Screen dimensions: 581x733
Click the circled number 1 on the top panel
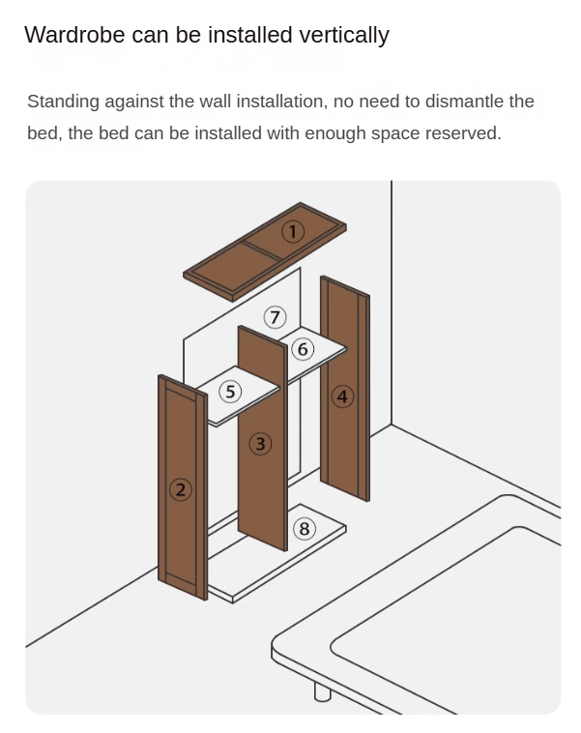293,231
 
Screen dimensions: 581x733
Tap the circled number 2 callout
181,490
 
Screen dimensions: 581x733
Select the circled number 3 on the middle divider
260,444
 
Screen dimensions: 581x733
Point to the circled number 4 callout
342,396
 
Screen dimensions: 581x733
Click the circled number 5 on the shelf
230,392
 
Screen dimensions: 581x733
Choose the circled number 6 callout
303,349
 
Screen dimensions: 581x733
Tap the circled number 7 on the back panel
275,317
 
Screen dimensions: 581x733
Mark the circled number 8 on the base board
305,529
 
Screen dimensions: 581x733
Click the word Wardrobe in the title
74,35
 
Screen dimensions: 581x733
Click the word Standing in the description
63,102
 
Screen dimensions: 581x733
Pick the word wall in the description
215,102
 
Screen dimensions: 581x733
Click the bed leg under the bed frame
322,691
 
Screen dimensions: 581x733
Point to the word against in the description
134,103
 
